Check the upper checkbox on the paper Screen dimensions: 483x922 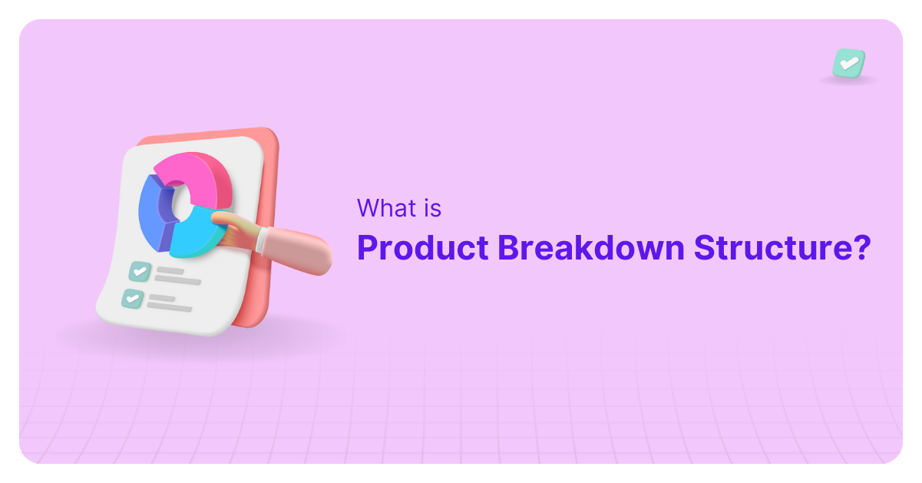[x=139, y=270]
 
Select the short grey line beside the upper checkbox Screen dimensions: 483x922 [x=170, y=271]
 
